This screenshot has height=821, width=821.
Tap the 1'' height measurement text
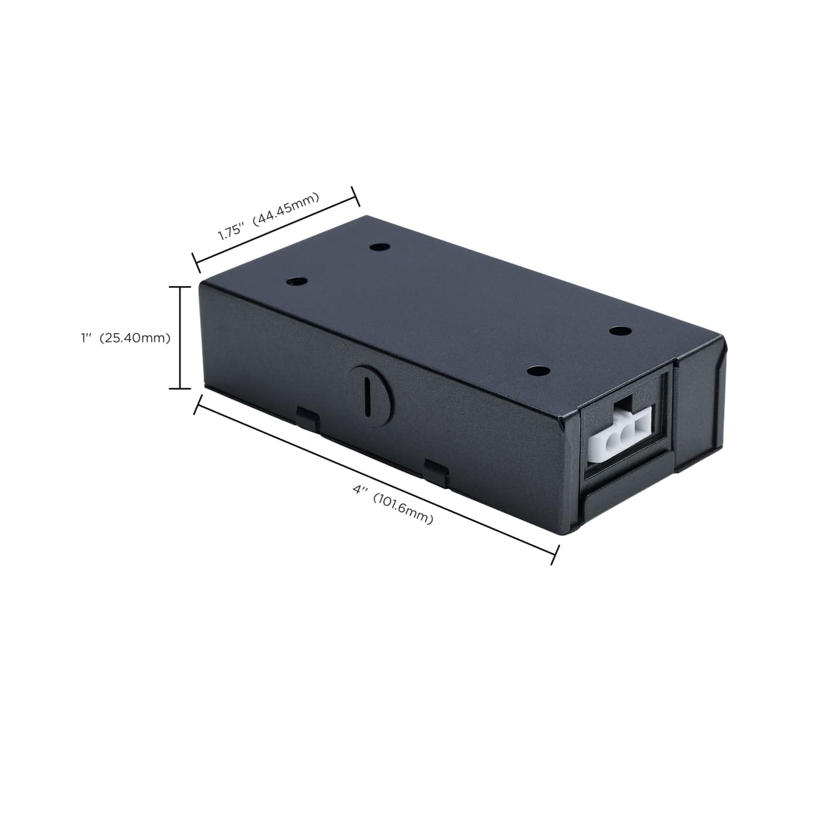(87, 338)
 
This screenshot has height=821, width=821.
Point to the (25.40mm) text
(134, 338)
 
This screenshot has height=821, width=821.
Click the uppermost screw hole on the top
(381, 247)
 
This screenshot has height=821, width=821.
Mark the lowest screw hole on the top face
(538, 371)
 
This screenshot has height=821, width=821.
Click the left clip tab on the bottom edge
(307, 419)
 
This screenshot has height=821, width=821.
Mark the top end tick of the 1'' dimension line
(180, 287)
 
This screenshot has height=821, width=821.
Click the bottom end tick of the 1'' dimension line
(180, 388)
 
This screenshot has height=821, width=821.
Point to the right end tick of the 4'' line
(555, 554)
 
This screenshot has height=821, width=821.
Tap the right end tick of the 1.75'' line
(355, 196)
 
